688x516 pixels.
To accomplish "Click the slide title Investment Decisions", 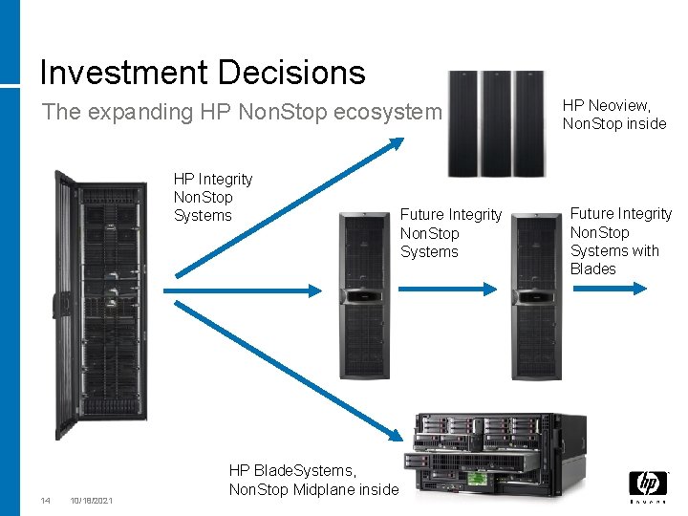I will point(203,72).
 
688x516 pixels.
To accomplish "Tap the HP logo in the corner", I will point(647,485).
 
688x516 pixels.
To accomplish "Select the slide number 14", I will point(45,501).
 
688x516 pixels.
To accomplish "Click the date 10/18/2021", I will point(92,501).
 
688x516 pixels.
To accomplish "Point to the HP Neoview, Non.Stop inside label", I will point(613,115).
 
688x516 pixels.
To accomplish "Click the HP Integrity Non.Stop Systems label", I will point(212,197).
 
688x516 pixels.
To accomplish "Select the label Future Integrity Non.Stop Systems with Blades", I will point(620,241).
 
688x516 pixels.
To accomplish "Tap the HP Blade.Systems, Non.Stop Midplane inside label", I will point(313,480).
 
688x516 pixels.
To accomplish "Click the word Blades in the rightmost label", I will point(592,269).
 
